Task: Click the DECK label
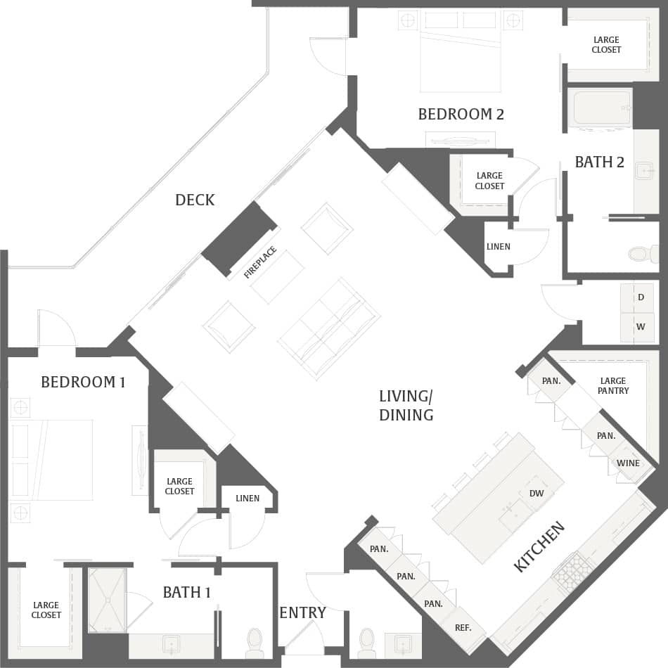click(x=195, y=200)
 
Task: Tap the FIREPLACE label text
click(x=260, y=263)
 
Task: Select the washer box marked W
click(x=641, y=327)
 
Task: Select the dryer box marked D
click(x=641, y=297)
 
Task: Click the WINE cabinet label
click(x=628, y=463)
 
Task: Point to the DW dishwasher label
click(x=537, y=494)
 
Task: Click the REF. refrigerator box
click(x=463, y=628)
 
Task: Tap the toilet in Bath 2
click(x=642, y=253)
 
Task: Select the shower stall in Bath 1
click(x=107, y=600)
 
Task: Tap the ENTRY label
click(x=302, y=612)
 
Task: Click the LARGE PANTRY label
click(x=613, y=385)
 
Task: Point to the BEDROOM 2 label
click(x=461, y=114)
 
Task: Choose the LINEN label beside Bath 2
click(x=498, y=247)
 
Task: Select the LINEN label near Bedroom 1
click(x=248, y=498)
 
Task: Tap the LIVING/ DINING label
click(x=406, y=406)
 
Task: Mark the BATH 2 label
click(x=599, y=162)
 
